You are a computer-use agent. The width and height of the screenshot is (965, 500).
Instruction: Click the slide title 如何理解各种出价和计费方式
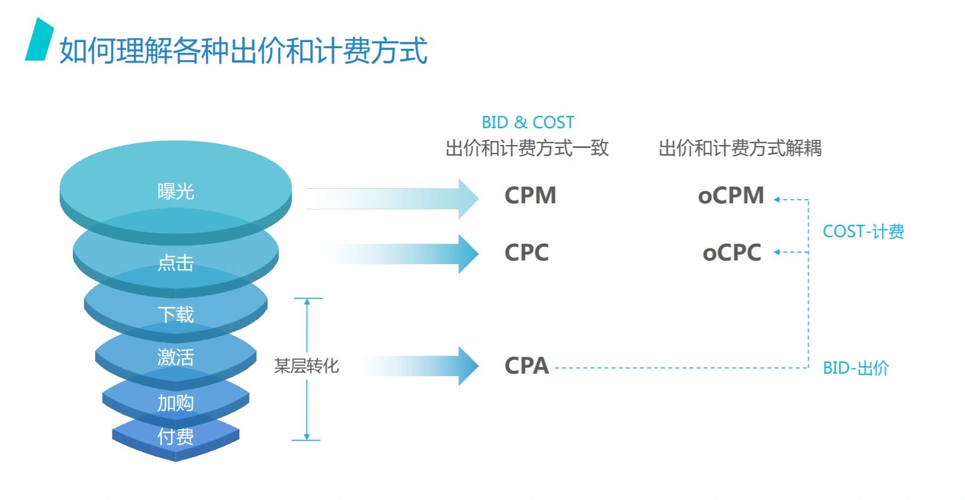coord(243,51)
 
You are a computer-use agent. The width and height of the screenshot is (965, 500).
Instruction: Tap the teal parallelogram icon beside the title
coord(39,39)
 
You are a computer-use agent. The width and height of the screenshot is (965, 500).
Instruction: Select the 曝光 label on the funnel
coord(176,191)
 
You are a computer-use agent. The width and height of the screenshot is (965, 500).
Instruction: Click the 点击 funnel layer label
coord(176,263)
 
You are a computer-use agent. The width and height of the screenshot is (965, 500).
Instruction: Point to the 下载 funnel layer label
coord(176,315)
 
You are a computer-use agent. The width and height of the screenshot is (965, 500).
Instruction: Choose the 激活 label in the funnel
coord(176,357)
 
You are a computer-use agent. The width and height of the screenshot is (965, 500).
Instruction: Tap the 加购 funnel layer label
coord(176,403)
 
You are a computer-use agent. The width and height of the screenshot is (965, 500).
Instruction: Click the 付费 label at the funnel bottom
coord(176,437)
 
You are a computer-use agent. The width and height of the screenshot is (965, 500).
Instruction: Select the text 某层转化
coord(307,366)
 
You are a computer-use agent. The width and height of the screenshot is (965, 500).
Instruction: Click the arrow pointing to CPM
coord(392,199)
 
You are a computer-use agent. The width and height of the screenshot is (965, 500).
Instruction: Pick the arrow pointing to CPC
coord(403,254)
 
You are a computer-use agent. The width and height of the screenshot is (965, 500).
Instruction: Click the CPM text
coord(530,196)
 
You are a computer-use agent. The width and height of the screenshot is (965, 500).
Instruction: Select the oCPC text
coord(732,252)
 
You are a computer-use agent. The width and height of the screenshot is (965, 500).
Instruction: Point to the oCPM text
coord(731,196)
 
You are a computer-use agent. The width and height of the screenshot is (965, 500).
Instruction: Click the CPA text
coord(526,366)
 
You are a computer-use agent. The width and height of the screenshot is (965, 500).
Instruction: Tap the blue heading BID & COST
coord(528,123)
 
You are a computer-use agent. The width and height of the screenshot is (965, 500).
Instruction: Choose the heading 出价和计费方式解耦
coord(740,148)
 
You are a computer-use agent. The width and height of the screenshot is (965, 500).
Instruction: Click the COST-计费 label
coord(863,232)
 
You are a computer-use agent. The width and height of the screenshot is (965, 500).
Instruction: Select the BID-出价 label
coord(856,368)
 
